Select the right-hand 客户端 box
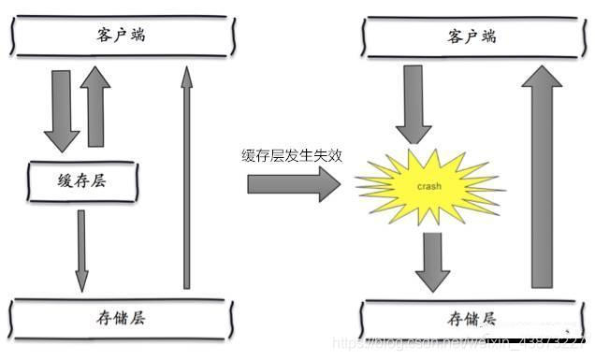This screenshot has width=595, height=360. [x=473, y=36]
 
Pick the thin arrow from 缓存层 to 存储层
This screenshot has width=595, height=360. [x=81, y=248]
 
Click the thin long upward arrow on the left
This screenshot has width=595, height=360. [x=186, y=178]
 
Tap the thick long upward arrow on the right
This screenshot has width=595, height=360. [x=545, y=178]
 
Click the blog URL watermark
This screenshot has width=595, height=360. [x=462, y=344]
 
